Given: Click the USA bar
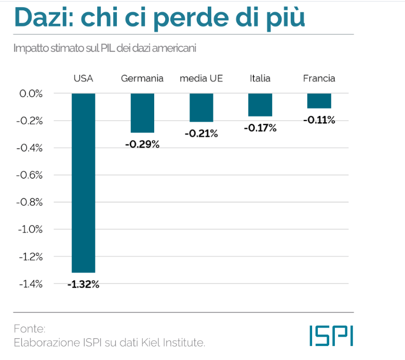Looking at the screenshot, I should point(83,182).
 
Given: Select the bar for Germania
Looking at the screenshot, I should point(142,113).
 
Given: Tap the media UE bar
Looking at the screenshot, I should point(201,108).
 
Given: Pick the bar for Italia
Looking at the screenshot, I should point(260,104).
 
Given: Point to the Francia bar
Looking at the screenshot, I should point(319,101).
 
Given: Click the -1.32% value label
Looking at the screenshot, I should point(83,284).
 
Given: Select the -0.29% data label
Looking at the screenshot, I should point(142,144).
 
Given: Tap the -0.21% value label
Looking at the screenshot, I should point(201,134).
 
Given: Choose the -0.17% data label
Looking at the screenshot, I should point(260,128).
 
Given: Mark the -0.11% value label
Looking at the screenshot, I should point(319,121).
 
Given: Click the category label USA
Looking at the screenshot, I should point(83,79).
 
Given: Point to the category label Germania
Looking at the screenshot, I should point(142,79).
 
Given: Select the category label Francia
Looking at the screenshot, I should point(319,79).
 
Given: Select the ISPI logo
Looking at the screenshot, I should point(331,336).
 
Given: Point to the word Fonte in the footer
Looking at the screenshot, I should point(30,329).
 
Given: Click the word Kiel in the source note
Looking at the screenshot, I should point(146,342).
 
